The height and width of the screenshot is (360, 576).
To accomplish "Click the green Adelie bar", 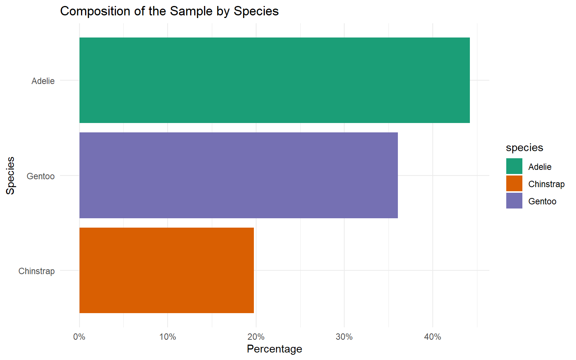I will [274, 80].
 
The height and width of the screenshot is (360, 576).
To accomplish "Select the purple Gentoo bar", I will [238, 175].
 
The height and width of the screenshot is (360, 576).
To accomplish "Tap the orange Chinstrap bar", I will [166, 270].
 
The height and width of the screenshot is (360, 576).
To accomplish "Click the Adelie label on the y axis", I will [43, 81].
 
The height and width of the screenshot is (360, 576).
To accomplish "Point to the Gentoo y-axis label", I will [40, 176].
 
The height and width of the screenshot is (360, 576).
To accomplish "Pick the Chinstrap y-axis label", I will [36, 271].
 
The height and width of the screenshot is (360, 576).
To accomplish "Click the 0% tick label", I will [79, 337].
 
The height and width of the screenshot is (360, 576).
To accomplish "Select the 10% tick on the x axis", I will [168, 337].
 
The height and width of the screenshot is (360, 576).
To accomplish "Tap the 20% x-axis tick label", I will [256, 337].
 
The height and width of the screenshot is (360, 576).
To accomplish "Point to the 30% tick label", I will [344, 337].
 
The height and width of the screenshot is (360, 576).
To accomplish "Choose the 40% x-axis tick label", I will [433, 337].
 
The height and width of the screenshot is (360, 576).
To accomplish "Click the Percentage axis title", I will [274, 349].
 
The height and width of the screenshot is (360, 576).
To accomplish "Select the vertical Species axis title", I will [10, 175].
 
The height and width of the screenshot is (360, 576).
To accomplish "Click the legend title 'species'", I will [524, 148].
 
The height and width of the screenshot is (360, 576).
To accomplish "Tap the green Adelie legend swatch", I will [514, 166].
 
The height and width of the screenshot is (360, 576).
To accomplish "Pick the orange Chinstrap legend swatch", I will [514, 184].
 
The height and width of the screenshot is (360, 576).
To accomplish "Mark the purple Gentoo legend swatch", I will [514, 201].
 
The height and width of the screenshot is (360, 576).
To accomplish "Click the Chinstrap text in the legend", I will [546, 184].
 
